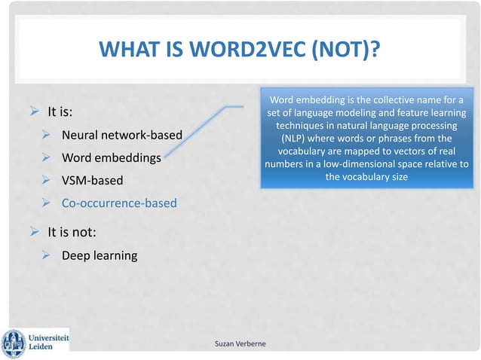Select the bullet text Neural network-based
[122, 136]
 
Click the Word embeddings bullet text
[111, 159]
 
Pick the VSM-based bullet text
[91, 182]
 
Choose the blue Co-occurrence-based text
[119, 203]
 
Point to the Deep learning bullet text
[100, 255]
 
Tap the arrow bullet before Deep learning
[46, 255]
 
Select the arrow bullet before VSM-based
[46, 182]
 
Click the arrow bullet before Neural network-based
[46, 136]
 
